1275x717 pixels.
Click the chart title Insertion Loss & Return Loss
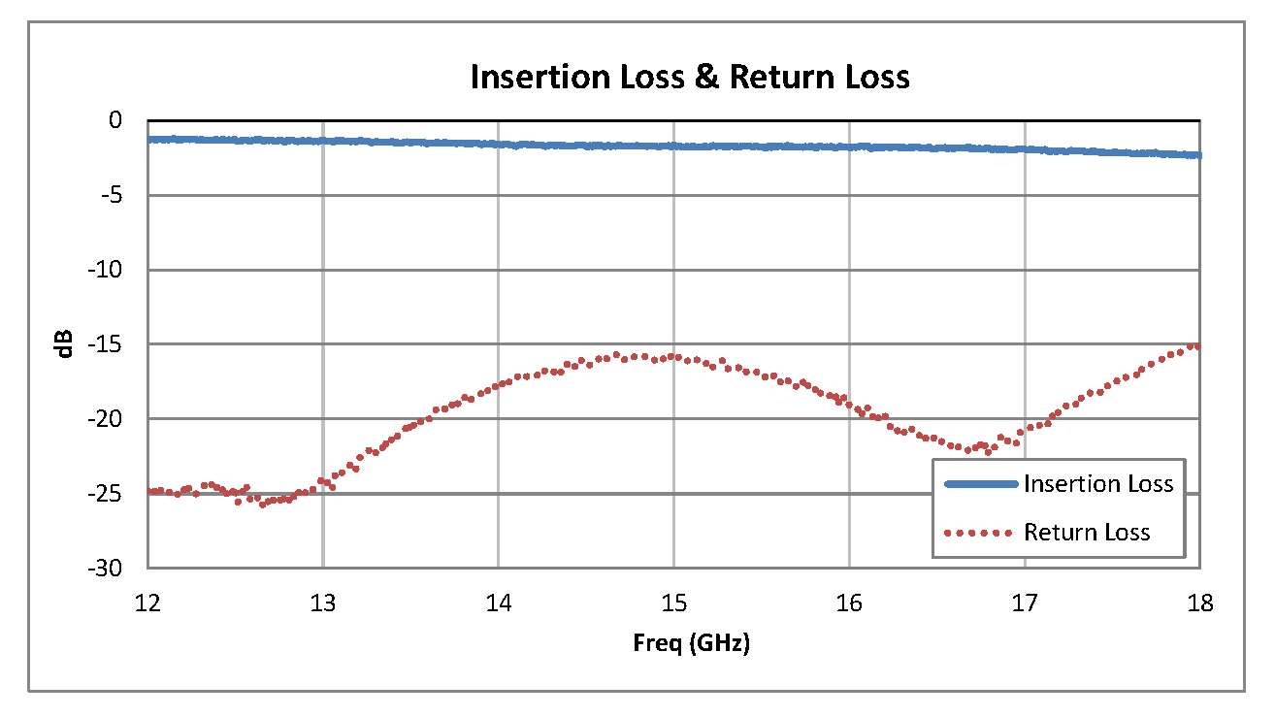pos(690,77)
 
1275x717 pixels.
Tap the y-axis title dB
pos(65,343)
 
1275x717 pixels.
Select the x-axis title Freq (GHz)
pos(690,642)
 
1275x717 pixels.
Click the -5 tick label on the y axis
pos(112,195)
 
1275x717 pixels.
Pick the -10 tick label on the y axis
pos(108,270)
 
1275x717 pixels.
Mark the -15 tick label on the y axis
pos(108,344)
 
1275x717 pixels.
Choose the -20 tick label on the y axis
pos(108,419)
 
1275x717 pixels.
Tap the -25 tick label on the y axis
pos(108,494)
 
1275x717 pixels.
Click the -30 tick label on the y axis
pos(108,569)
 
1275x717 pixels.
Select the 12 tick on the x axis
pos(147,603)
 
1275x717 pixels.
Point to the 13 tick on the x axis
pos(323,603)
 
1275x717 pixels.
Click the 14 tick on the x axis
pos(499,603)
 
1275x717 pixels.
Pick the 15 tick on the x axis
pos(674,603)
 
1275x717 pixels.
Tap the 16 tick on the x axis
pos(850,603)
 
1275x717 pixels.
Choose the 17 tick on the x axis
pos(1026,603)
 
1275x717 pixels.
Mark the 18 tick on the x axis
pos(1200,603)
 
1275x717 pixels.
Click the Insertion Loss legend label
pos(1098,484)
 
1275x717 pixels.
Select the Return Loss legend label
pos(1087,533)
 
